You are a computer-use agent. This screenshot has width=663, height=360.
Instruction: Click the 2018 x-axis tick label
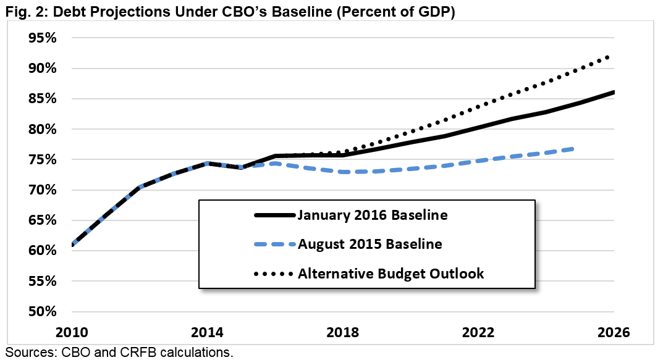343,332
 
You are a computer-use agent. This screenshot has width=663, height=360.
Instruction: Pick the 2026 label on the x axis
614,332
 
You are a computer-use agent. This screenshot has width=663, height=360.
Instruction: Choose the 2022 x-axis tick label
478,332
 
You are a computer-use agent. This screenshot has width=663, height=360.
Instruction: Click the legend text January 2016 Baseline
373,216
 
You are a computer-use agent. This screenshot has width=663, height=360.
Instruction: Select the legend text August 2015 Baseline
370,244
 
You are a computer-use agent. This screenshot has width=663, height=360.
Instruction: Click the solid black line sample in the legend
275,216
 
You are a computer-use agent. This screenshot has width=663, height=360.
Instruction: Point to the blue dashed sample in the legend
275,244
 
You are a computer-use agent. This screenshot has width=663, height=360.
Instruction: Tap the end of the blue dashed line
574,149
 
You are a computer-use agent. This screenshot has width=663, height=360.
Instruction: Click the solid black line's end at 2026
614,93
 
